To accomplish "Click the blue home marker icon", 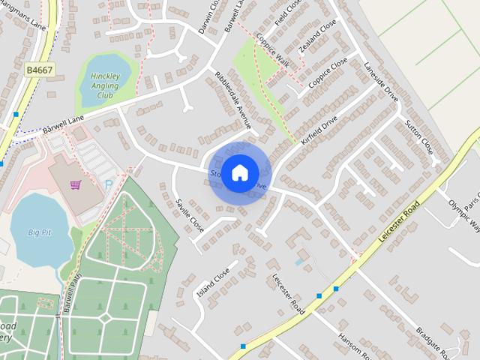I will (239, 172).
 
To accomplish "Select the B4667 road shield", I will (39, 70).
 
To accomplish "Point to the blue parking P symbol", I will (109, 183).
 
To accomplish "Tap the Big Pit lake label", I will (43, 232).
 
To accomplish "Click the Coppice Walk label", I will (273, 50).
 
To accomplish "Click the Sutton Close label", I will (419, 133).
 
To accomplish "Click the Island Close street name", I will (212, 283).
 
